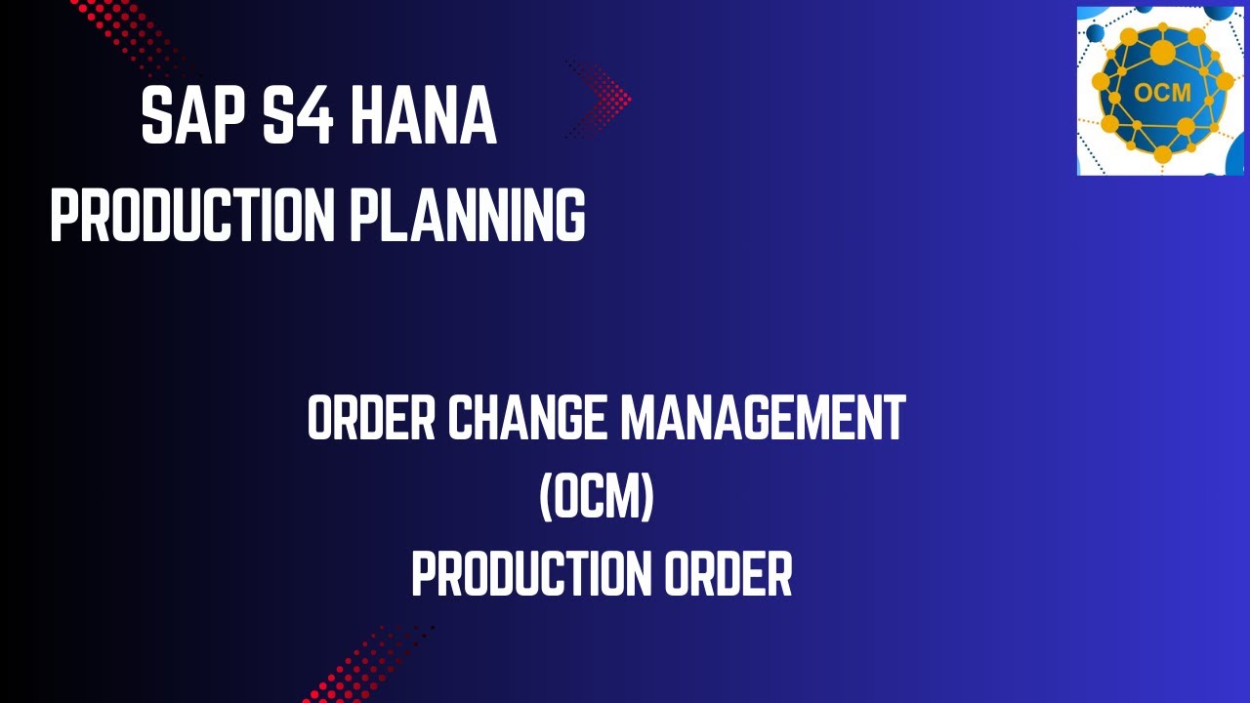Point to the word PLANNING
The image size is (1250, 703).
(467, 216)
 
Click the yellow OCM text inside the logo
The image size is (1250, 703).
(1162, 94)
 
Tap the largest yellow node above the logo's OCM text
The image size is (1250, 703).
(1162, 50)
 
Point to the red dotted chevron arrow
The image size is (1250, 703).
(601, 98)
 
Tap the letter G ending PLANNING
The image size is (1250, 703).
(569, 216)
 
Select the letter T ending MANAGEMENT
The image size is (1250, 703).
(893, 418)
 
